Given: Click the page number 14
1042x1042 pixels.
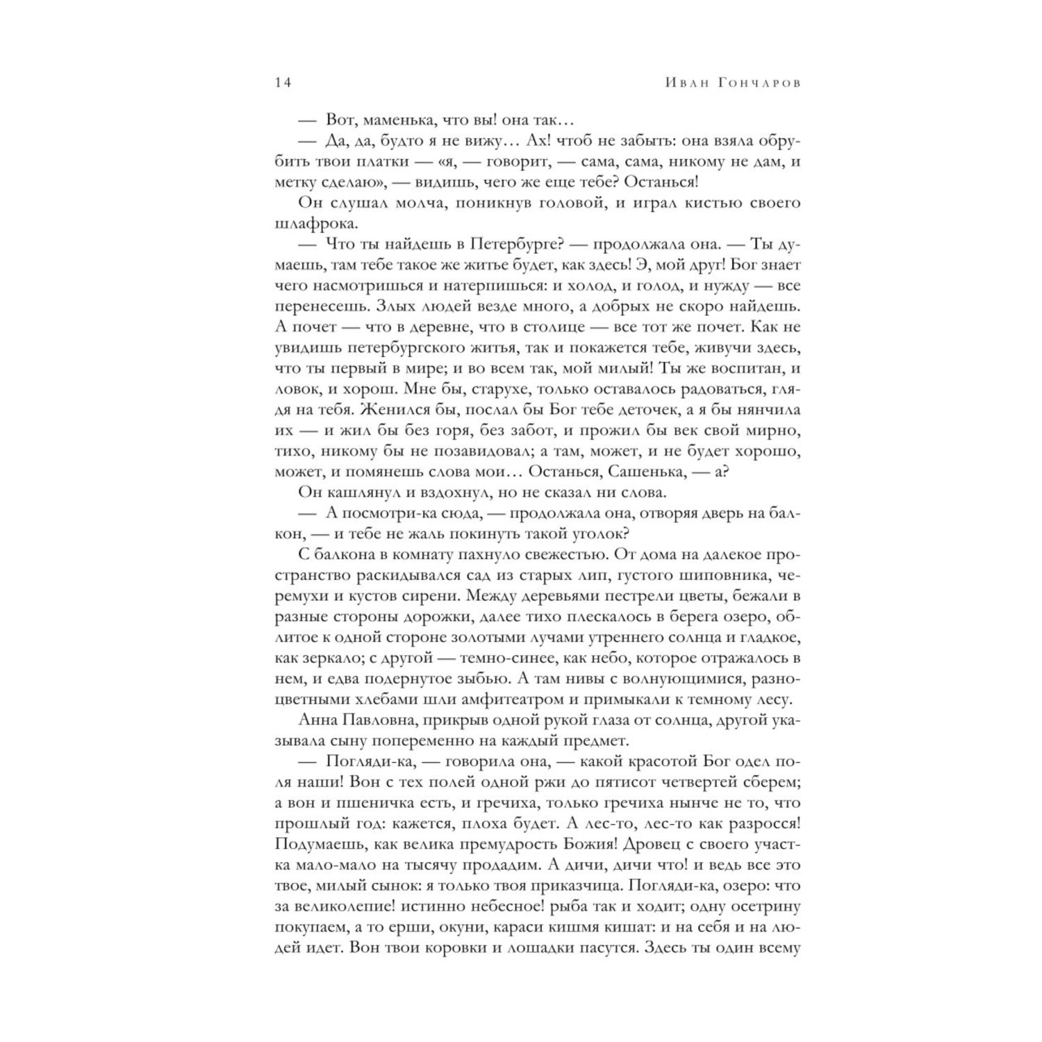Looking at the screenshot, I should click(x=283, y=83).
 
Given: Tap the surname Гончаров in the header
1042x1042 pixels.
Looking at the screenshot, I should click(x=752, y=83).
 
